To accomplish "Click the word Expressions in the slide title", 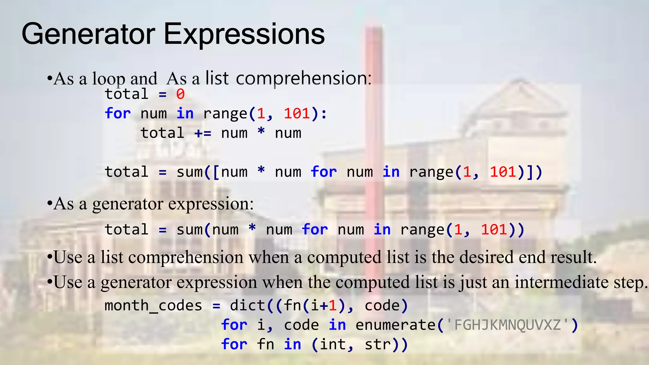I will (244, 34).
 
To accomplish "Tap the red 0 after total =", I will (180, 94).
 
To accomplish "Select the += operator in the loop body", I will (203, 133).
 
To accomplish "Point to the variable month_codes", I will (153, 306).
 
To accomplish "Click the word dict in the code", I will (247, 305).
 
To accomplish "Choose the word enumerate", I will (395, 325).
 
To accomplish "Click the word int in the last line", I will (333, 344).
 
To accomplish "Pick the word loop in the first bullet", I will (108, 79).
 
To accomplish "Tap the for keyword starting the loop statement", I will (118, 113).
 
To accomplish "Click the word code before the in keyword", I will (301, 325).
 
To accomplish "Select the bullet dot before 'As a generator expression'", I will (49, 204).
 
